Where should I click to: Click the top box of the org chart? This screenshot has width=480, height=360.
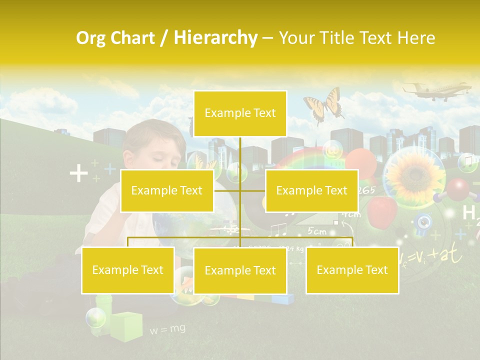(x=240, y=113)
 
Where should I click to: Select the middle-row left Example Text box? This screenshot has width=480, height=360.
(x=166, y=190)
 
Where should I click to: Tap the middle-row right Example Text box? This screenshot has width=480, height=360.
(x=311, y=190)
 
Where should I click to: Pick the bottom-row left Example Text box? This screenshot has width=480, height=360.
(x=128, y=270)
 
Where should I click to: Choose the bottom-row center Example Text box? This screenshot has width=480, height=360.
(x=240, y=270)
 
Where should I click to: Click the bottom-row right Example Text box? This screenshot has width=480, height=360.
(x=352, y=270)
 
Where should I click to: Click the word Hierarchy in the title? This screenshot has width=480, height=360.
(x=215, y=38)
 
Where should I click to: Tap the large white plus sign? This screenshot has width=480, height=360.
(x=78, y=173)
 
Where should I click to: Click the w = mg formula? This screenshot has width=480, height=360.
(x=167, y=329)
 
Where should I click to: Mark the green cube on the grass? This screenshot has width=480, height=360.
(x=126, y=326)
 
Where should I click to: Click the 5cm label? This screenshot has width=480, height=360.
(x=316, y=231)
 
